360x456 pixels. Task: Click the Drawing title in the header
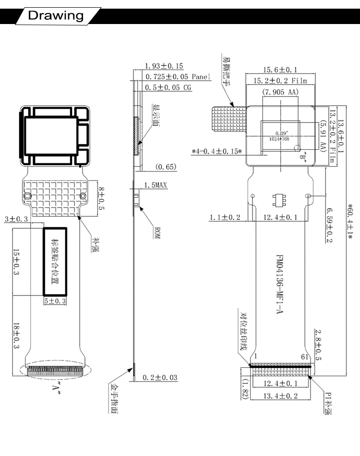click(x=55, y=15)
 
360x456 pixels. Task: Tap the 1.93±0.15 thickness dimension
click(x=164, y=66)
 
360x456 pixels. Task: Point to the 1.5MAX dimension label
click(x=156, y=185)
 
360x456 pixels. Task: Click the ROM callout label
click(x=156, y=234)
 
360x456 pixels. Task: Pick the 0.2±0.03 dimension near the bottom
click(x=160, y=378)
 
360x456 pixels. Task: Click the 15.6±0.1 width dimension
click(x=280, y=70)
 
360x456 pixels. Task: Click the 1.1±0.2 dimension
click(x=225, y=218)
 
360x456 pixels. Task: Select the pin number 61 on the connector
click(x=303, y=356)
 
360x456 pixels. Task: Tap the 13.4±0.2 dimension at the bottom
click(x=281, y=395)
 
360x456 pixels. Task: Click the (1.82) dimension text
click(x=244, y=389)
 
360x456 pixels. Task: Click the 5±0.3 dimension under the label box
click(x=55, y=301)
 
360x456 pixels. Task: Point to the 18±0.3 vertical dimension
click(x=16, y=335)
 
